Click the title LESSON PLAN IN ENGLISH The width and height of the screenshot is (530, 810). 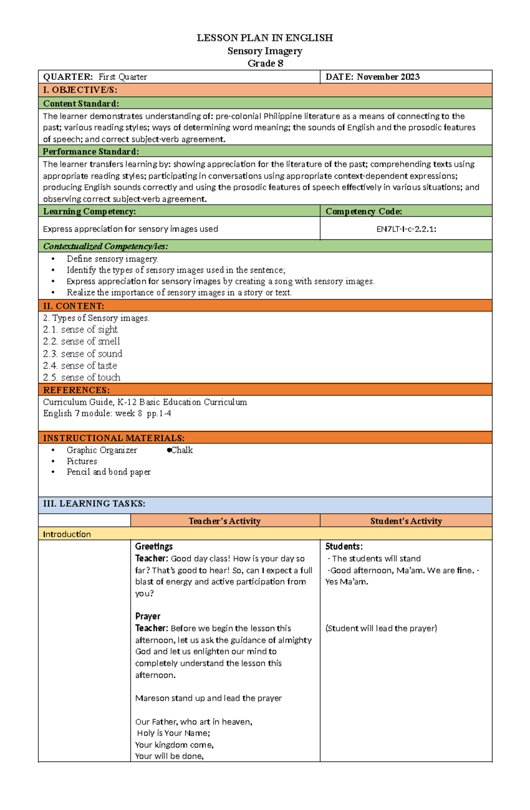pos(265,38)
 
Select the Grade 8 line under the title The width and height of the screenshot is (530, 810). pos(265,64)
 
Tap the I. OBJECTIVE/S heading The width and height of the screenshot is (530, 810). pos(80,90)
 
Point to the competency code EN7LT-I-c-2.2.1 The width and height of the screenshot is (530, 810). pos(406,229)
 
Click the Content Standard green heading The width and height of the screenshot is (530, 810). pos(81,104)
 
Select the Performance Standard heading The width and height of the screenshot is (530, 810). pos(91,152)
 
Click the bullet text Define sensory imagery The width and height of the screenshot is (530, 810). pos(112,259)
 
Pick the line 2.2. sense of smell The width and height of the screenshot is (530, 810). pos(82,342)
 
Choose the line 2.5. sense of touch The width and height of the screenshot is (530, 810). pos(82,377)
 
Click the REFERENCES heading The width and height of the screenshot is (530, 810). pos(76,390)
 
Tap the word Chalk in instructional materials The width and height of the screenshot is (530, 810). pos(182,450)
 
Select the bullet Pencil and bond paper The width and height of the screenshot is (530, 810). pos(108,472)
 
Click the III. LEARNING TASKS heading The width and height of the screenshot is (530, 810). pos(94,504)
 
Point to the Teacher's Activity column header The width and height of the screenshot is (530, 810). pos(224,521)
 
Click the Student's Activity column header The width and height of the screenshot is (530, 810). pos(405,521)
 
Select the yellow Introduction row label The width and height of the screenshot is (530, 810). pos(67,535)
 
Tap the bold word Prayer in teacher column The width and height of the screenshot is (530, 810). pos(148,616)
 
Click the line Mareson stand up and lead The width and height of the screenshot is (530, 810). pos(208,698)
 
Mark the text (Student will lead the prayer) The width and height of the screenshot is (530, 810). pos(381,628)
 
